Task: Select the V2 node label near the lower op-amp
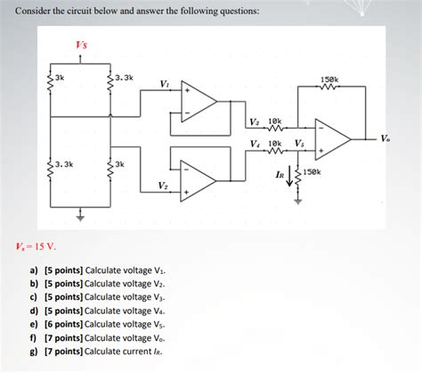click(x=163, y=185)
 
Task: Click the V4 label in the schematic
click(x=255, y=144)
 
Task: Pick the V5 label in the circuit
click(x=299, y=144)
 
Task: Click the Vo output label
click(x=384, y=138)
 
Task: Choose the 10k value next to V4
click(x=275, y=143)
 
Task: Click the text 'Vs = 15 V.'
click(x=37, y=246)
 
